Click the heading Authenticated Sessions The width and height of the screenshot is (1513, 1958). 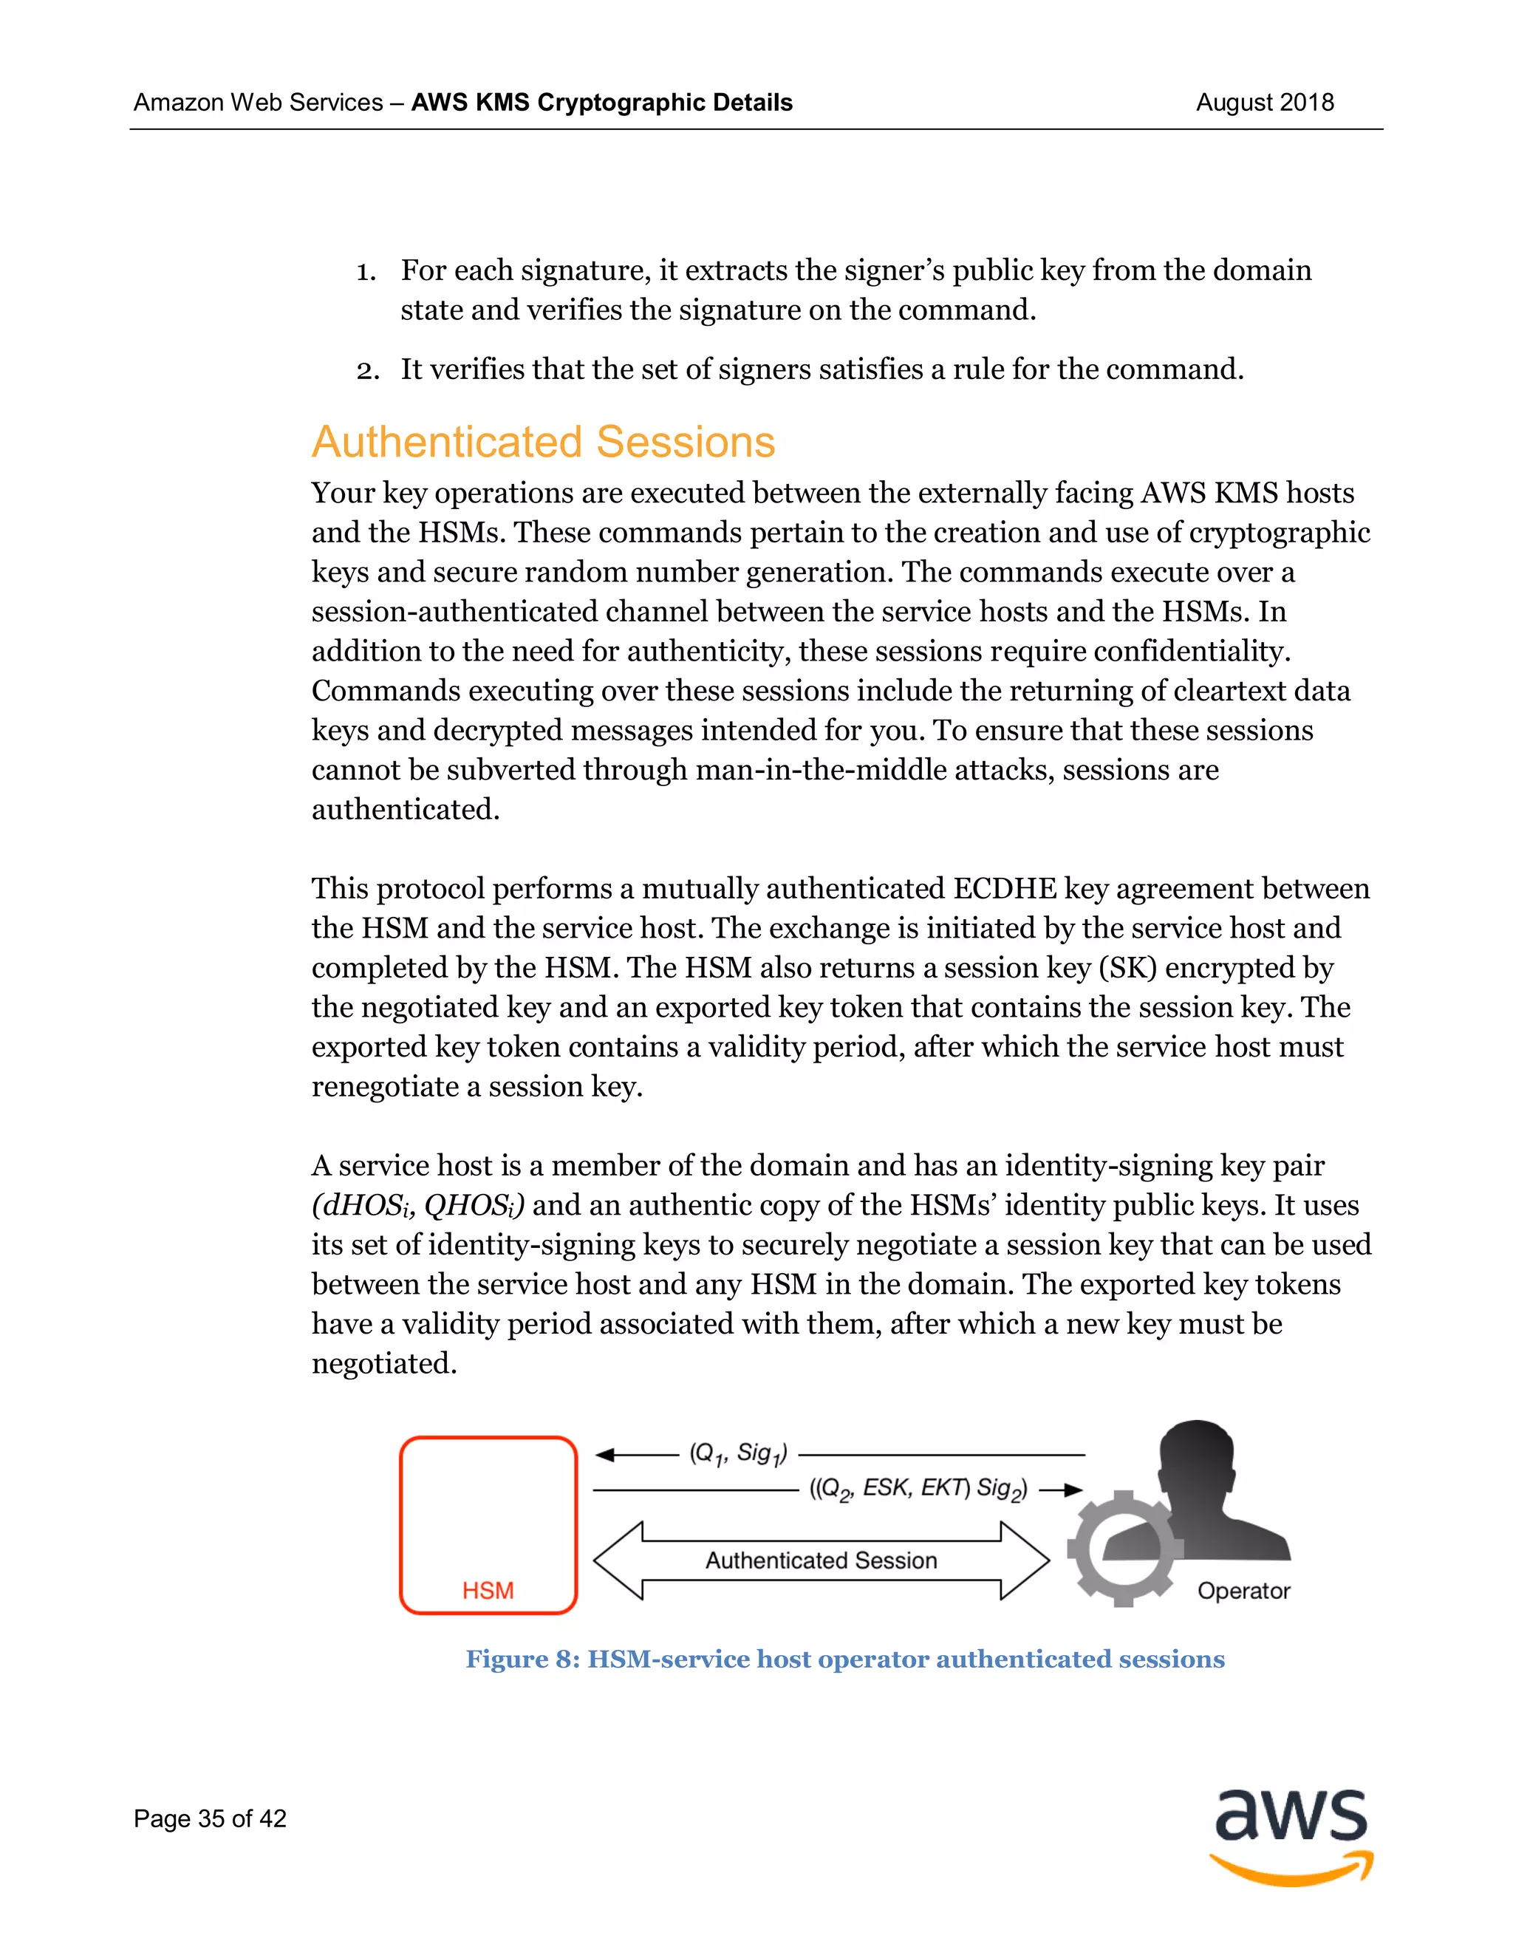pyautogui.click(x=543, y=442)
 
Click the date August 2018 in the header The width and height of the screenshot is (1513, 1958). pyautogui.click(x=1264, y=102)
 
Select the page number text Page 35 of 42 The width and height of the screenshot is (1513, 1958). pyautogui.click(x=210, y=1818)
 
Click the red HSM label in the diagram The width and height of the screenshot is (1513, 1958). pyautogui.click(x=488, y=1591)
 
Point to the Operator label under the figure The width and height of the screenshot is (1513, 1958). pyautogui.click(x=1243, y=1591)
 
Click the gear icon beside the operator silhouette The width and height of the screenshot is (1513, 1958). pyautogui.click(x=1124, y=1548)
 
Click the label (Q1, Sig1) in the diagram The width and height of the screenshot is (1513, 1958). pyautogui.click(x=738, y=1453)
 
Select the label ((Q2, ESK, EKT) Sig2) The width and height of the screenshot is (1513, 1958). pyautogui.click(x=918, y=1489)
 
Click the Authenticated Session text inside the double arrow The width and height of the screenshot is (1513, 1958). pyautogui.click(x=821, y=1560)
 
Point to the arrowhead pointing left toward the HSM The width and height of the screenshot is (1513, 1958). pyautogui.click(x=605, y=1454)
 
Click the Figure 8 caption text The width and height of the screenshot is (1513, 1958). pyautogui.click(x=844, y=1659)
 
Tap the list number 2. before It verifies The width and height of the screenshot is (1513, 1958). pyautogui.click(x=366, y=370)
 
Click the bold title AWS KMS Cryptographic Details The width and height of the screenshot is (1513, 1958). pyautogui.click(x=601, y=102)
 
